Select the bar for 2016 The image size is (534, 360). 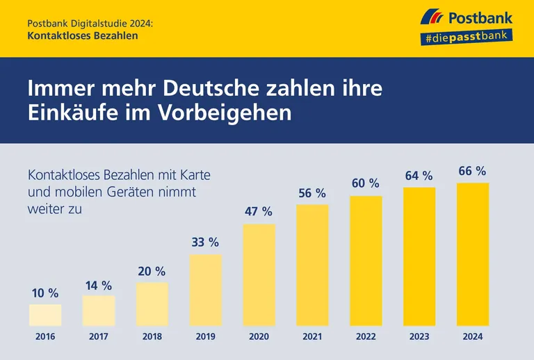coord(45,315)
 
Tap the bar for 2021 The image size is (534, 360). coord(312,265)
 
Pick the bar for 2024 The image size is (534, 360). coord(472,254)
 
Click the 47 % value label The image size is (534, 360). coord(258,211)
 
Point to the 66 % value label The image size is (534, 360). coord(472,171)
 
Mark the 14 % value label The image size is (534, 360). coord(99,285)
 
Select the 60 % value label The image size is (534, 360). coord(365,183)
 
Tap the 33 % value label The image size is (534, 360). coord(205,243)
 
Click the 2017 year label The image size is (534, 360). coord(99,337)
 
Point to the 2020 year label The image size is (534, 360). coord(258,337)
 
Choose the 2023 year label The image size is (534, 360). coord(419,337)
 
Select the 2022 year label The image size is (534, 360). coord(365,337)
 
